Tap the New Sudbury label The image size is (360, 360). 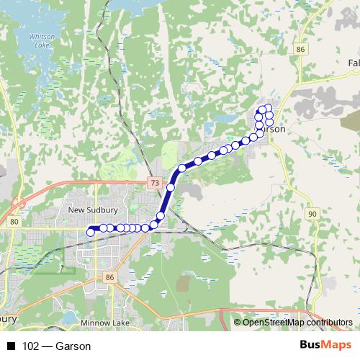87,210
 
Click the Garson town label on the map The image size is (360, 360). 274,128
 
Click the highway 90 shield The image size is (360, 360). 312,214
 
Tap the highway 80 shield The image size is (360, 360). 15,222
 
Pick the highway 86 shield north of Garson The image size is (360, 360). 300,49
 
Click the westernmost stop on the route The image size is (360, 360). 91,232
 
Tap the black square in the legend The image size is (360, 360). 11,346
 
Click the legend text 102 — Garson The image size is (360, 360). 57,346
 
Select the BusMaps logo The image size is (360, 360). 325,345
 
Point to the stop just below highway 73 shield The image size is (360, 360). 171,187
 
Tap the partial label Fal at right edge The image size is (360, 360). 354,63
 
